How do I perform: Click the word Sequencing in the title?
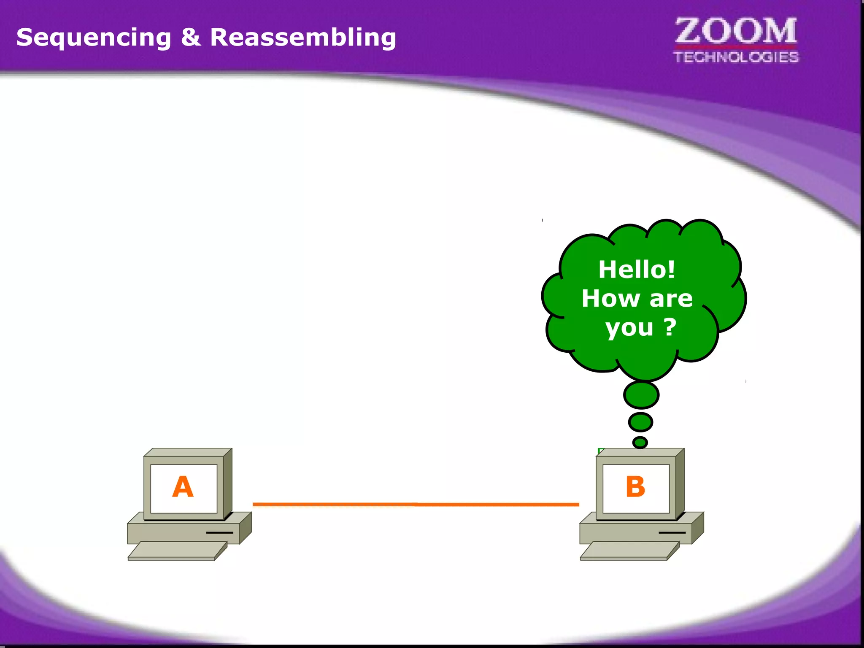(94, 38)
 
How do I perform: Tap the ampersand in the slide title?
(191, 37)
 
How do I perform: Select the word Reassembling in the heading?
(303, 37)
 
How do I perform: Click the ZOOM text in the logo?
(736, 31)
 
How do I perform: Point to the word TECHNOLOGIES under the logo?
(736, 57)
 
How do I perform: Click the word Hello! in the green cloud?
(637, 270)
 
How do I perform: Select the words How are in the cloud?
(637, 299)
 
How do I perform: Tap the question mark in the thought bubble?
(670, 327)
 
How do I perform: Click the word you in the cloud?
(629, 328)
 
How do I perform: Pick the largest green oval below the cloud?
(641, 395)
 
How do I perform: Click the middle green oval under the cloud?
(640, 422)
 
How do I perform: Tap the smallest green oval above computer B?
(640, 442)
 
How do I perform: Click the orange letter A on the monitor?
(183, 487)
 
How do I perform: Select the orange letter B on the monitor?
(635, 487)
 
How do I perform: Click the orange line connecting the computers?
(416, 504)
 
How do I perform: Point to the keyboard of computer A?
(177, 551)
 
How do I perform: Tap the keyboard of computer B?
(629, 551)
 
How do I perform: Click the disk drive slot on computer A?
(219, 533)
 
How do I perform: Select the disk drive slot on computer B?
(672, 533)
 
